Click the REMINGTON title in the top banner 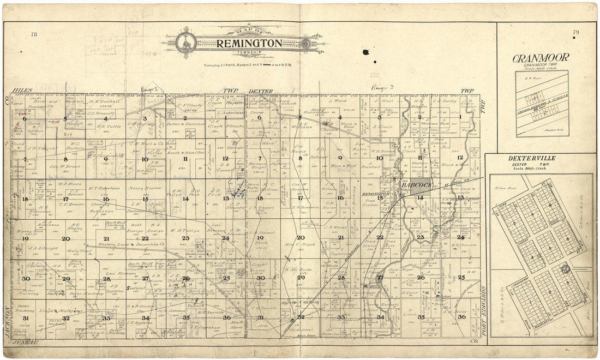point(249,43)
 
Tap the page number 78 point(34,34)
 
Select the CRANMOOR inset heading point(541,57)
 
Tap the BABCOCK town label point(417,185)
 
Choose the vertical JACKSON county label point(7,322)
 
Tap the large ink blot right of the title point(365,52)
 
